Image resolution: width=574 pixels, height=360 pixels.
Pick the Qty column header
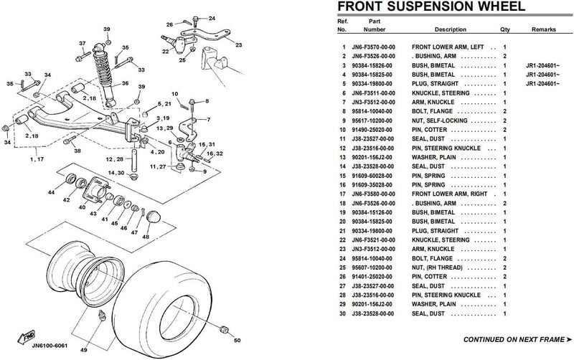(x=505, y=30)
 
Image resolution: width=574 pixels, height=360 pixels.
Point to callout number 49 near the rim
(x=84, y=349)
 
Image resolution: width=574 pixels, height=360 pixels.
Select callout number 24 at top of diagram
(x=212, y=16)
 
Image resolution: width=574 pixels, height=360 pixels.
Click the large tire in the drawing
(x=176, y=280)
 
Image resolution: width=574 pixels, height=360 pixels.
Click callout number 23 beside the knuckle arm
(x=238, y=44)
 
